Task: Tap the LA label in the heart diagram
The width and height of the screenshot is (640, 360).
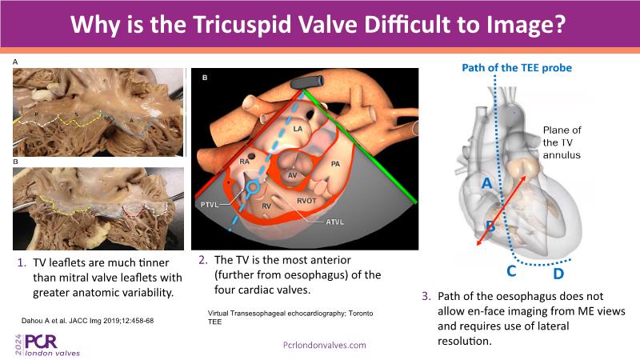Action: [x=298, y=129]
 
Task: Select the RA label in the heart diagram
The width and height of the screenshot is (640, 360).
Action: [x=244, y=162]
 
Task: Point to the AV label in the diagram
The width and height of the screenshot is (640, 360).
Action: [x=292, y=175]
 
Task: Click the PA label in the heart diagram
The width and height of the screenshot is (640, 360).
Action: [x=335, y=164]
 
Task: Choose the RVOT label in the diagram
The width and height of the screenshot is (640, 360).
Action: [x=306, y=201]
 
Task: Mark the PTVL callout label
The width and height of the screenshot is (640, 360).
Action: [x=210, y=205]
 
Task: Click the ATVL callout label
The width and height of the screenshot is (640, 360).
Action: [x=334, y=222]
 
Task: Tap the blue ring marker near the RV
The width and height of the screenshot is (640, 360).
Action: [x=253, y=188]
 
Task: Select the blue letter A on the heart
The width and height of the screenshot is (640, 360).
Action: [x=487, y=183]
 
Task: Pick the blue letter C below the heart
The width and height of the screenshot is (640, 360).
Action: [x=511, y=271]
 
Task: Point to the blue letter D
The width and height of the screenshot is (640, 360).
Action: [x=558, y=273]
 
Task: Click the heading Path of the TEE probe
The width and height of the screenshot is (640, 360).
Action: [x=517, y=68]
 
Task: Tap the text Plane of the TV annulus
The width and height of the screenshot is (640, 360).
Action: [x=562, y=142]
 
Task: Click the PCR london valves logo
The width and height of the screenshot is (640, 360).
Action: [x=47, y=345]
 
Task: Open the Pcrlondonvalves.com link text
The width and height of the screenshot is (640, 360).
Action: [x=325, y=346]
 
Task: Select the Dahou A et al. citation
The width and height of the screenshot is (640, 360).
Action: [x=87, y=321]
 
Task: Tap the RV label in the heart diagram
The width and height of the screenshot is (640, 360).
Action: [x=266, y=206]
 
